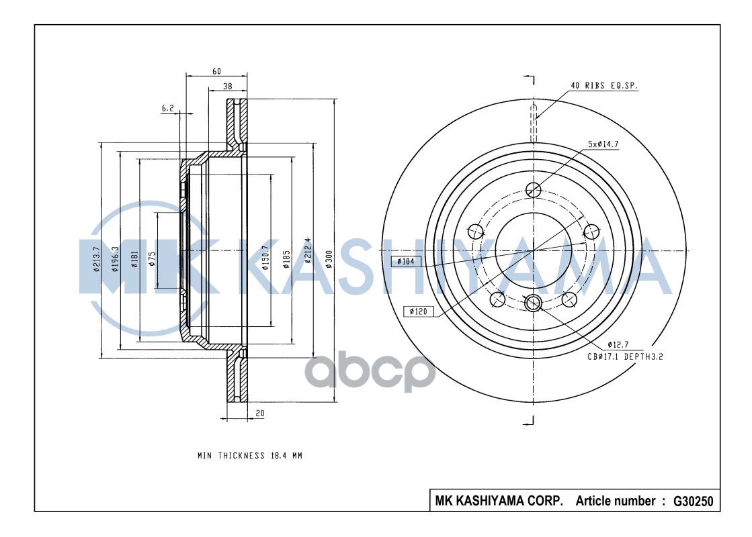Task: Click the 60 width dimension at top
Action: coord(216,70)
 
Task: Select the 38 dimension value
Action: coord(228,87)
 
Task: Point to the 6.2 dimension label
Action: coord(167,107)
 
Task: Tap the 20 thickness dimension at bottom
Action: coord(259,414)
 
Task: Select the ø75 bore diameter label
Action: coord(152,258)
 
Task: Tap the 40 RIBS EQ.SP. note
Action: coord(603,86)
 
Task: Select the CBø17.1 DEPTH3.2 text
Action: coord(625,357)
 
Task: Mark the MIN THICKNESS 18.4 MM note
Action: coord(249,456)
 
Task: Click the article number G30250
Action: coord(692,501)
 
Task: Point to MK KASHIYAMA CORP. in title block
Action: coord(499,501)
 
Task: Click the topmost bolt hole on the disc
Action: coord(533,189)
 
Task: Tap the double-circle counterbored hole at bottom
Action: coord(534,303)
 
